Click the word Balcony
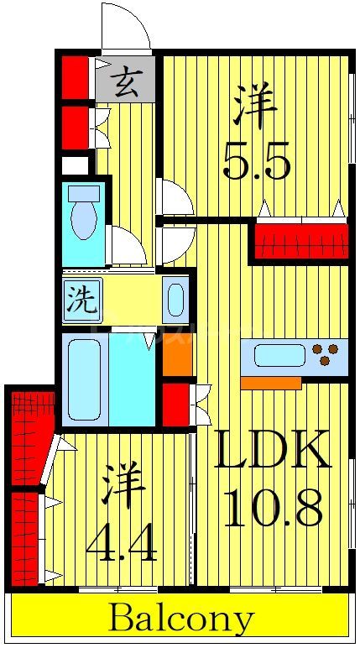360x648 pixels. (180, 620)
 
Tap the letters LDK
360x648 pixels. (270, 454)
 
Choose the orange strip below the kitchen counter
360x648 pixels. (270, 383)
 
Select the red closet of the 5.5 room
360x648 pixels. (300, 241)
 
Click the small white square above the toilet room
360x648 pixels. (75, 165)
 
